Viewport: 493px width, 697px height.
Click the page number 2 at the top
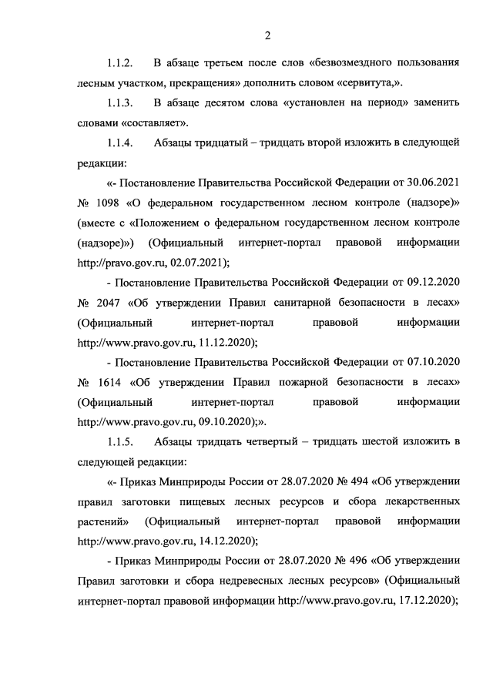267,35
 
